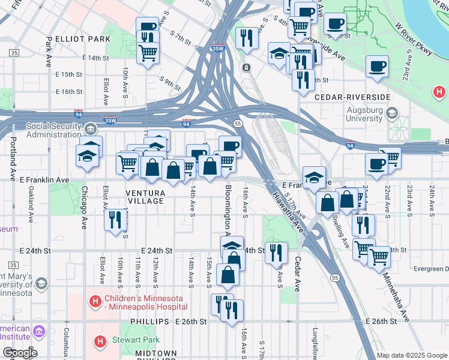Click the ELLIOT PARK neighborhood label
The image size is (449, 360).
[x=82, y=39]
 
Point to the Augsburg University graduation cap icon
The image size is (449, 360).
[x=392, y=113]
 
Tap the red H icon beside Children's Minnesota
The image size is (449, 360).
[x=95, y=301]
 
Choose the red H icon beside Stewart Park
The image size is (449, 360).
[x=100, y=341]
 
